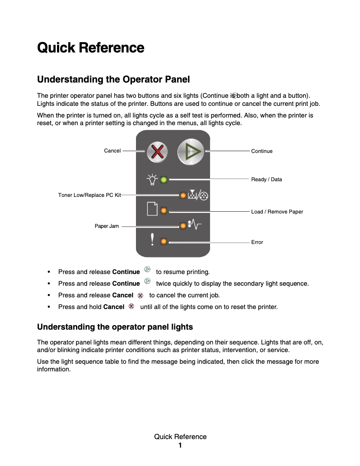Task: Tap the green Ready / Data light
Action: pyautogui.click(x=164, y=180)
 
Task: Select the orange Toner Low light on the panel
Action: pyautogui.click(x=183, y=196)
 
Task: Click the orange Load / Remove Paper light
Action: pyautogui.click(x=164, y=210)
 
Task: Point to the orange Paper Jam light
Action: pyautogui.click(x=183, y=226)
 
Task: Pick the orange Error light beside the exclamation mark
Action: pyautogui.click(x=164, y=242)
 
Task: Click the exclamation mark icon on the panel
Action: pyautogui.click(x=153, y=241)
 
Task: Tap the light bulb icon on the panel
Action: pyautogui.click(x=152, y=179)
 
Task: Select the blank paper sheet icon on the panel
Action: pyautogui.click(x=153, y=209)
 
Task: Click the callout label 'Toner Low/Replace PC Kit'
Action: pyautogui.click(x=89, y=196)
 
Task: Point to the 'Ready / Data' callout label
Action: pyautogui.click(x=267, y=179)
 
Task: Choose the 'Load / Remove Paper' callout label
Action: pyautogui.click(x=277, y=212)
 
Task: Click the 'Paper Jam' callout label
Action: pyautogui.click(x=107, y=226)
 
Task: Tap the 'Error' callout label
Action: pyautogui.click(x=257, y=242)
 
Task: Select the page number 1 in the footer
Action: pyautogui.click(x=180, y=445)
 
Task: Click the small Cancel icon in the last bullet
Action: pyautogui.click(x=132, y=306)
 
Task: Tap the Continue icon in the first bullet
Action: pyautogui.click(x=147, y=271)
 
